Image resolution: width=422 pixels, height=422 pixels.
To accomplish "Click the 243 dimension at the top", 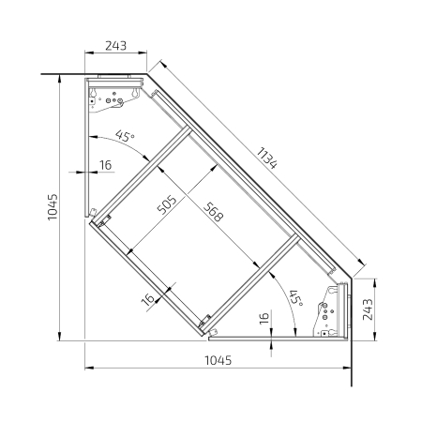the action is click(115, 46).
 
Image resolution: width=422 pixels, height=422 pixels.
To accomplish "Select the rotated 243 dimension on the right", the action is click(368, 309).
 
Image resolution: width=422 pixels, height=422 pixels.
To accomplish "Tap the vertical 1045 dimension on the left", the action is click(53, 207).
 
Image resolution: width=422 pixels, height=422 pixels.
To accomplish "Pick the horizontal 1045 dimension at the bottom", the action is click(219, 360).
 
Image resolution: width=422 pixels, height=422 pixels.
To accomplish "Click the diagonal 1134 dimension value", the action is click(266, 158).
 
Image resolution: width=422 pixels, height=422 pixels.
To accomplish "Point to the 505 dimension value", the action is click(167, 205).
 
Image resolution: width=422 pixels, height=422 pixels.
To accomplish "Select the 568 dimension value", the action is click(214, 212).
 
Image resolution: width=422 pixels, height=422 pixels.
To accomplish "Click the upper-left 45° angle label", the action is click(125, 136).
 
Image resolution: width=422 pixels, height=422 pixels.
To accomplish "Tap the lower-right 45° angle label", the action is click(296, 298).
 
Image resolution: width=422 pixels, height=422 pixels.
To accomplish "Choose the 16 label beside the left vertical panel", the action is click(106, 165).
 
